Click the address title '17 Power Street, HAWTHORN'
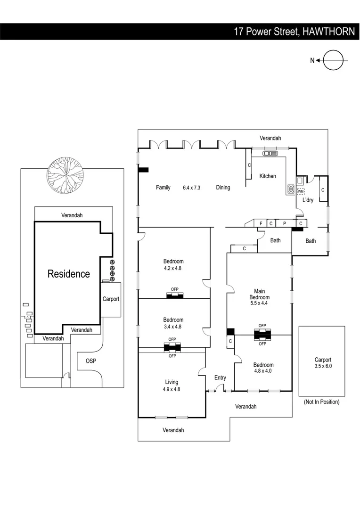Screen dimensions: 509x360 click(294, 32)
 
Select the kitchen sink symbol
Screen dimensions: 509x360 click(270, 153)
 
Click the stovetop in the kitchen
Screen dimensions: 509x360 click(291, 189)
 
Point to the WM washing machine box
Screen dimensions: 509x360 click(301, 191)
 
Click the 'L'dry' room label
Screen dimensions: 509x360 click(308, 200)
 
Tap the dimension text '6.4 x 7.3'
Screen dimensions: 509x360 click(192, 188)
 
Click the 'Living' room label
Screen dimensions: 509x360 click(172, 382)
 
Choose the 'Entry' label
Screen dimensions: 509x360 click(220, 378)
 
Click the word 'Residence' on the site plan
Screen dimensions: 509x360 click(68, 274)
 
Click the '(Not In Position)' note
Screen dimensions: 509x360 click(321, 402)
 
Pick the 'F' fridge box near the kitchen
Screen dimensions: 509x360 click(261, 223)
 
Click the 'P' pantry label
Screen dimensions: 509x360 click(284, 223)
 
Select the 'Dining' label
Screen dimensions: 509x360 click(223, 188)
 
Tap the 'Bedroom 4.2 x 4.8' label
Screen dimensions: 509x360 click(173, 264)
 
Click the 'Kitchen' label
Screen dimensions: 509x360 click(268, 176)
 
